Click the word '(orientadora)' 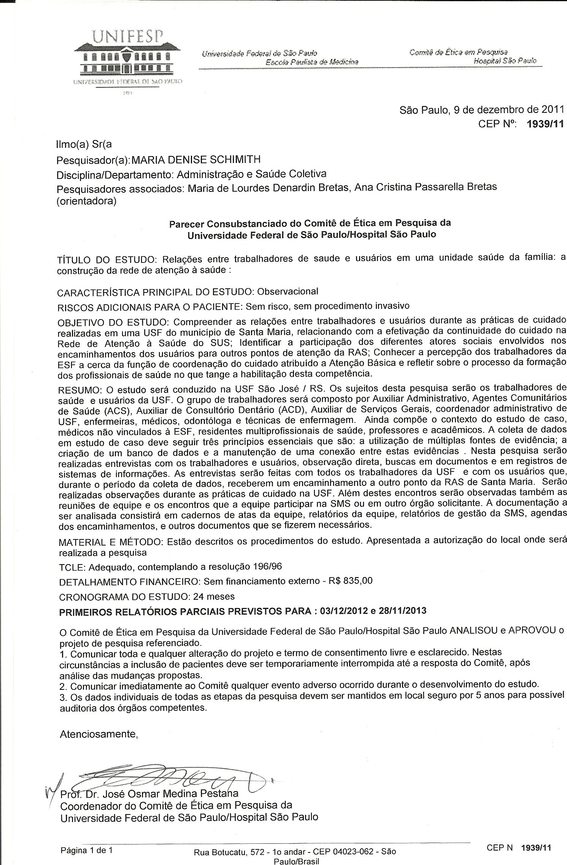(x=86, y=201)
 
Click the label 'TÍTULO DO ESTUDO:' (x=106, y=260)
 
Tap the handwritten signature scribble (x=171, y=775)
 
